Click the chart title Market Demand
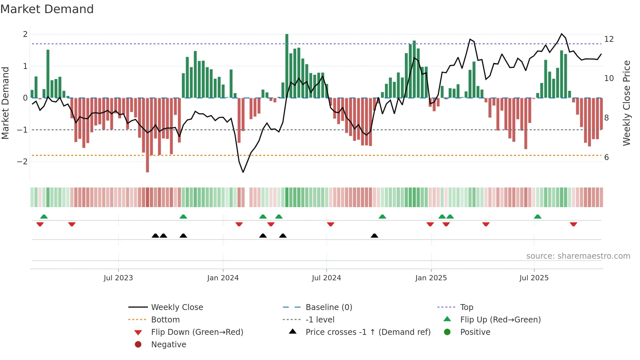click(x=47, y=9)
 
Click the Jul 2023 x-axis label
click(x=118, y=278)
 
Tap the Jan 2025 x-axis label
click(x=431, y=278)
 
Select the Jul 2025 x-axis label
click(x=534, y=278)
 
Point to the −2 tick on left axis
click(x=22, y=161)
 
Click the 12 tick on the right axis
click(x=609, y=39)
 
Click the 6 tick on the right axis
click(x=606, y=157)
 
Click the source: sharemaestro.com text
click(x=578, y=256)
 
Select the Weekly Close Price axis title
click(x=626, y=103)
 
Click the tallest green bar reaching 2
click(x=287, y=65)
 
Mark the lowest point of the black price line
click(x=243, y=172)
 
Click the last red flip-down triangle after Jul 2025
click(x=573, y=224)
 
